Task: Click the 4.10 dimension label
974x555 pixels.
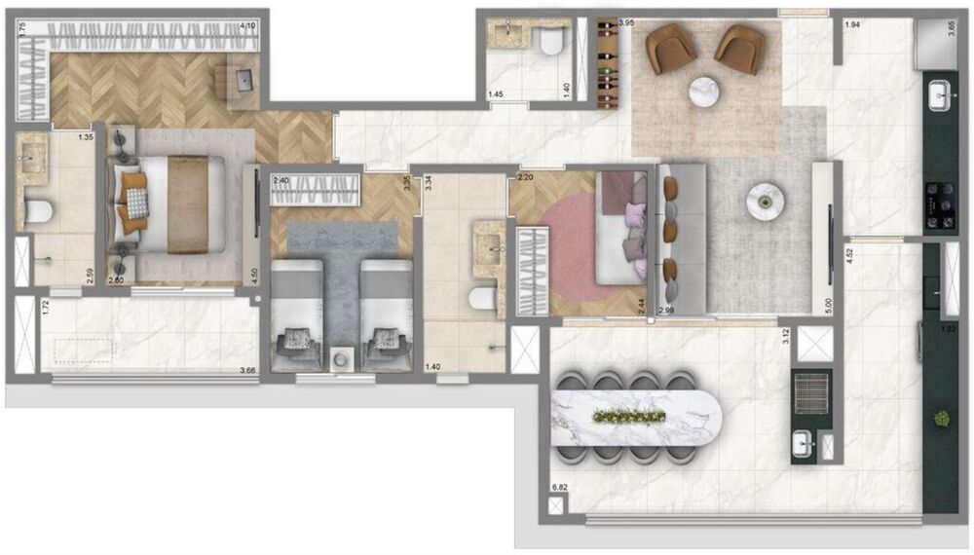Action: point(248,27)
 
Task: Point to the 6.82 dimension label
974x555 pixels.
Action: point(559,487)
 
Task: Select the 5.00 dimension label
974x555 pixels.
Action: point(827,304)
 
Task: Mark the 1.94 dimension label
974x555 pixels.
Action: point(852,24)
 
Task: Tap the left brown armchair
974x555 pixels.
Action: point(670,49)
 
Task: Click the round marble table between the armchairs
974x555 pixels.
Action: point(705,93)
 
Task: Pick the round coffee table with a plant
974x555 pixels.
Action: point(765,202)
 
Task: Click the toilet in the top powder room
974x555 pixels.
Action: point(552,42)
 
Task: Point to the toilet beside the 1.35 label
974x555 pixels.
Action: point(39,211)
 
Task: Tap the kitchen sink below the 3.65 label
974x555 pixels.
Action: point(941,95)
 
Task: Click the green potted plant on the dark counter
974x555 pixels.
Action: point(941,419)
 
